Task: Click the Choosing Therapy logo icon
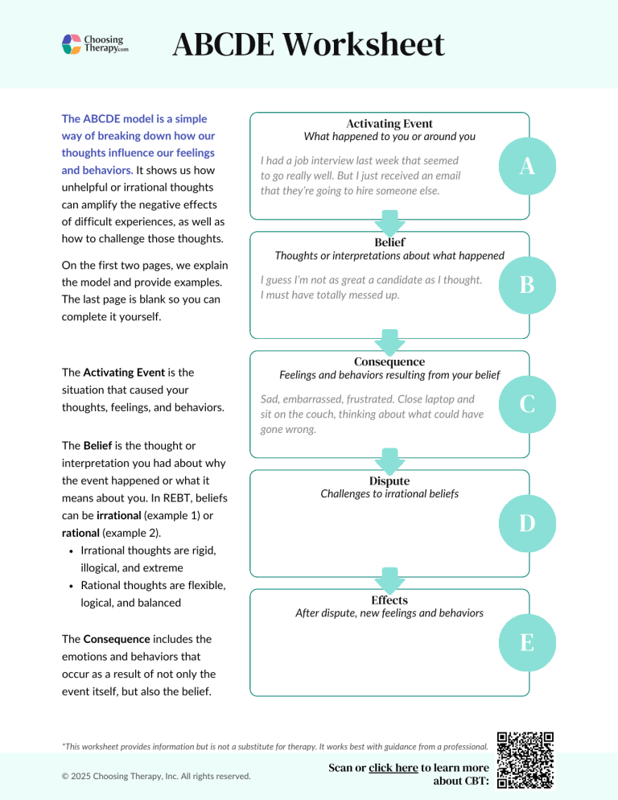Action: pos(72,43)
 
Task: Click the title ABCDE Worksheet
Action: pos(308,45)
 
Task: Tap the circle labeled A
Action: pos(527,165)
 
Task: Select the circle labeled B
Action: pos(527,284)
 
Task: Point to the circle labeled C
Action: pos(527,403)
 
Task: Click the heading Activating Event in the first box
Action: pos(389,123)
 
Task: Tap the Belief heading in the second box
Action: pos(389,242)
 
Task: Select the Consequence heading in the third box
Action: pos(389,361)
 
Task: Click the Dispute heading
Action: pos(389,480)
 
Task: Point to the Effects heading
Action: pos(389,600)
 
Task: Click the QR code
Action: pos(525,760)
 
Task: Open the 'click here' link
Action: pos(393,768)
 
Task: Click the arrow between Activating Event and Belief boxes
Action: pos(390,223)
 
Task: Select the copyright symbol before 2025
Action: pos(65,776)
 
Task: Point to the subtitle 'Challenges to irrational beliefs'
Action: pos(389,494)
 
